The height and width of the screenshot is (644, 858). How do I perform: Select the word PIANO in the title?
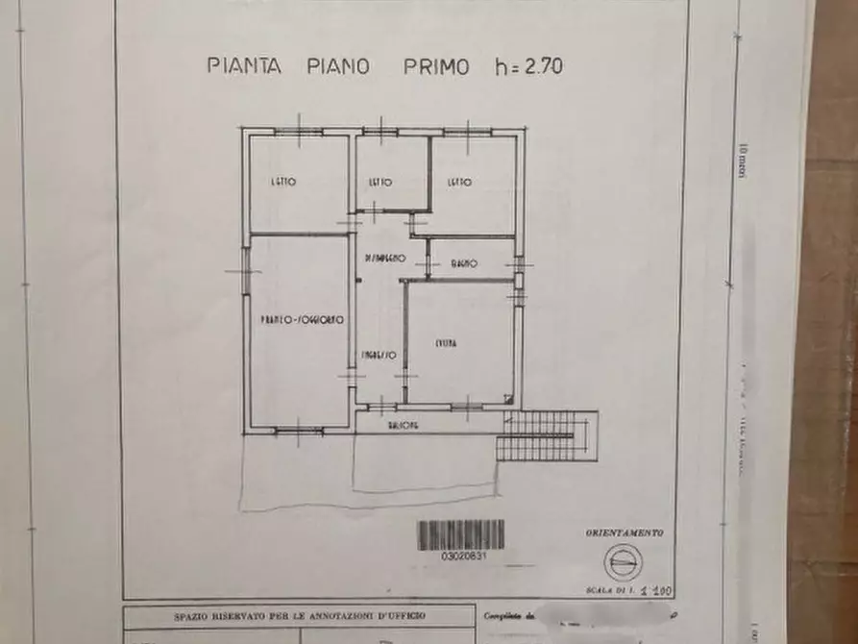(x=335, y=66)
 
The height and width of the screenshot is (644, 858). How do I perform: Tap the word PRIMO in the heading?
(x=436, y=66)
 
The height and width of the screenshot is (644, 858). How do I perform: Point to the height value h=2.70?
(x=527, y=66)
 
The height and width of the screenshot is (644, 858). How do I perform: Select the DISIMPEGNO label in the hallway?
(x=384, y=259)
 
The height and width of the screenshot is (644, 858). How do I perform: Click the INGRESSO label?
(x=379, y=356)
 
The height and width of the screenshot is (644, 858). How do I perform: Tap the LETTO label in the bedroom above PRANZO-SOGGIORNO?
(x=282, y=181)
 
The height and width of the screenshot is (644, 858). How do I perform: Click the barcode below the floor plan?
(x=461, y=534)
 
